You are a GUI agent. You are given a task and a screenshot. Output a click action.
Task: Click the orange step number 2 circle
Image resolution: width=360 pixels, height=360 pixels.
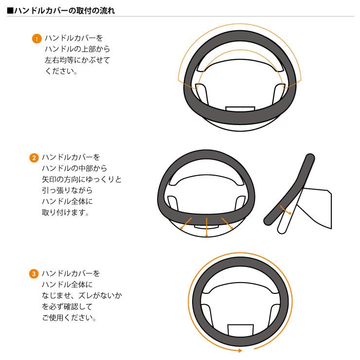pos(34,158)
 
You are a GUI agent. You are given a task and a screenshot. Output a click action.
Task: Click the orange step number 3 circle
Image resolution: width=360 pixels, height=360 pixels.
pos(34,274)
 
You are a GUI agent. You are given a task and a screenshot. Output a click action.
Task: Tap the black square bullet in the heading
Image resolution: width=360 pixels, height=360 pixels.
pos(10,10)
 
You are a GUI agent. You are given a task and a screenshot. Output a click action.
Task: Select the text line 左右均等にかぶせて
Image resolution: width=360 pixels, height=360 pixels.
pos(77,60)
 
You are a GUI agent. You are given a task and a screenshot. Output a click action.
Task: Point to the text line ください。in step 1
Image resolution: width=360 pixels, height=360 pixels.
pos(61,71)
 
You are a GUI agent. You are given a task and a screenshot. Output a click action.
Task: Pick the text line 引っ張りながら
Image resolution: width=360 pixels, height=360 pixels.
pos(67,190)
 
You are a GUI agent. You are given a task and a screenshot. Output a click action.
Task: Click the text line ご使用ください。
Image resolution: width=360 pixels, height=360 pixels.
pos(69,318)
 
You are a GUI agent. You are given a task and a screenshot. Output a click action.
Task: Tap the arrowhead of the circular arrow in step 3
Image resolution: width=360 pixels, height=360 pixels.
pos(239,350)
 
